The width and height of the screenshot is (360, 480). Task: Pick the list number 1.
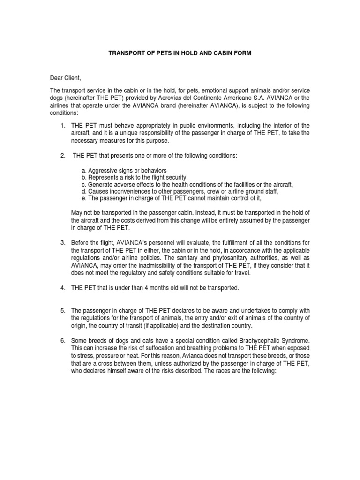[x=63, y=126]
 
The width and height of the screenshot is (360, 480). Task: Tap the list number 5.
[x=63, y=310]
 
